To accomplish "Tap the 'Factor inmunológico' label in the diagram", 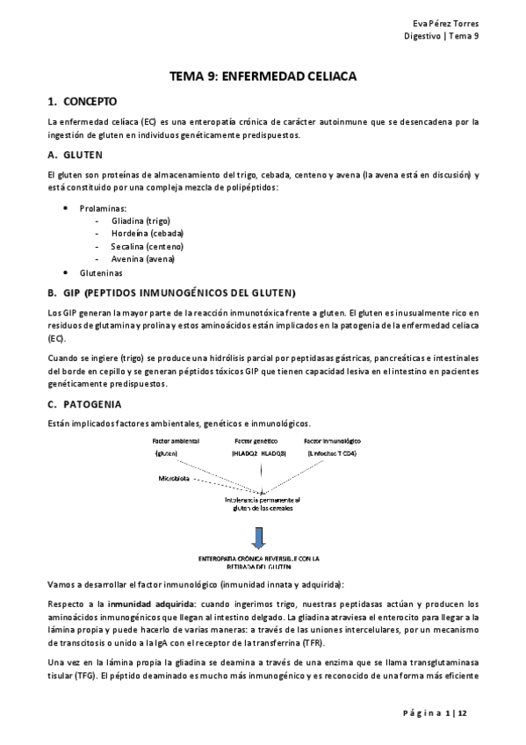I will point(332,440).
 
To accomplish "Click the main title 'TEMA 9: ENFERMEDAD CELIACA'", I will point(263,76).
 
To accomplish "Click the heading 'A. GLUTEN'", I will point(78,154).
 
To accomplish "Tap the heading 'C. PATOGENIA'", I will point(85,404).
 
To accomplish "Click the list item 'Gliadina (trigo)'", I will point(141,221).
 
